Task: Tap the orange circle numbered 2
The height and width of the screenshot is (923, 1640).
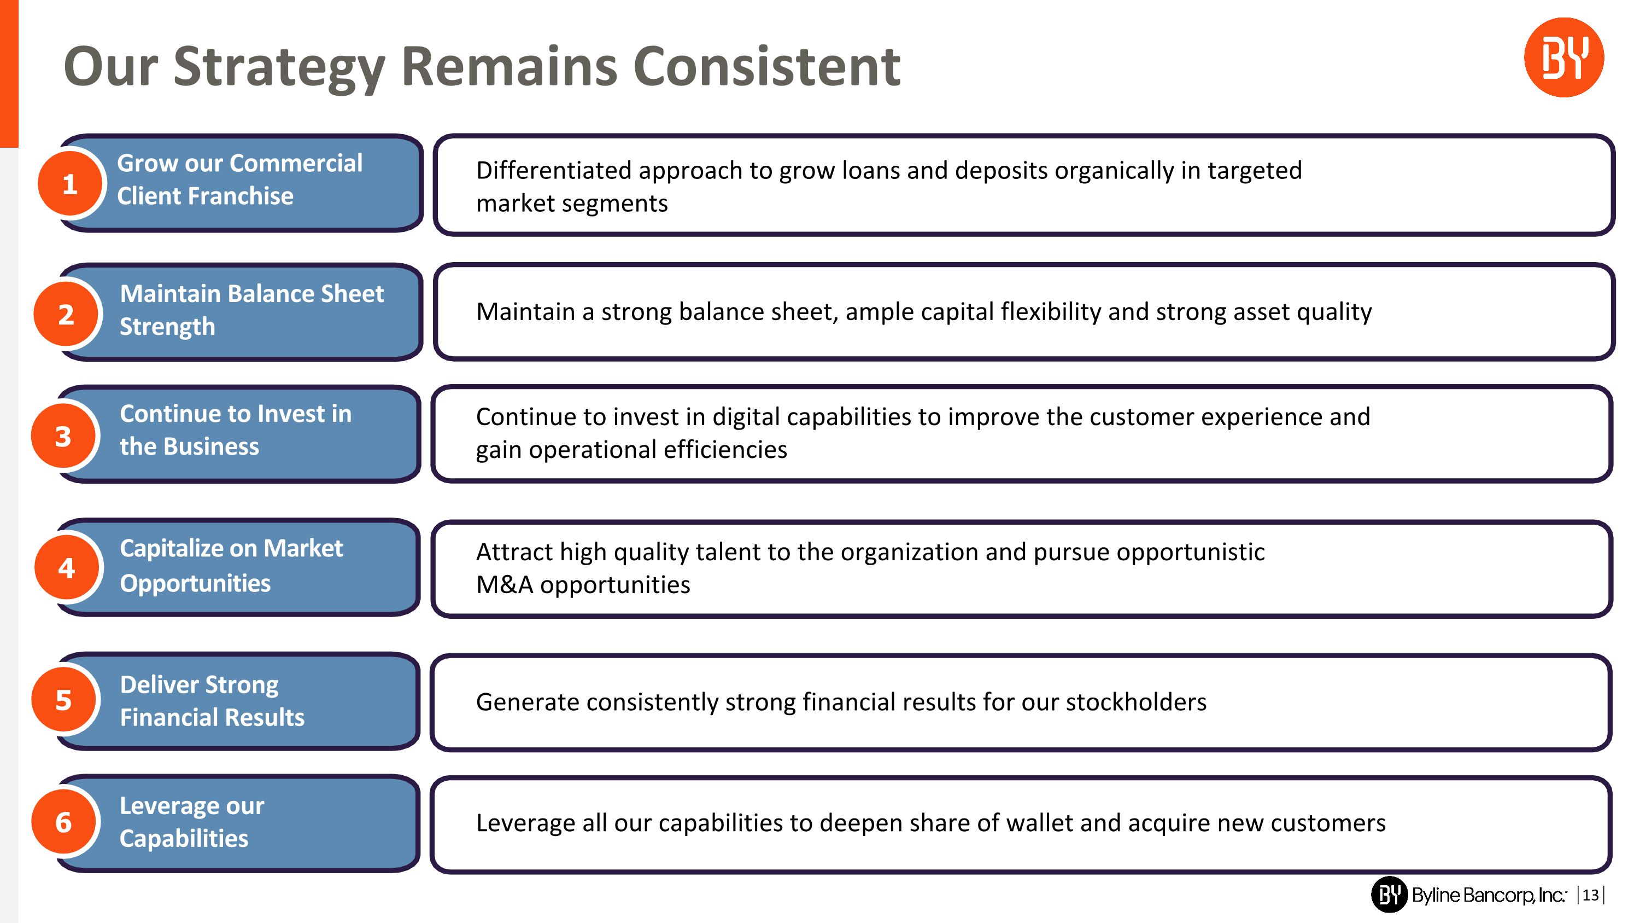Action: (66, 315)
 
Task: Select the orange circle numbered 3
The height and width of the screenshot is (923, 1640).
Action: (63, 437)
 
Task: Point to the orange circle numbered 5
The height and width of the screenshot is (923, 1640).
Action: (63, 701)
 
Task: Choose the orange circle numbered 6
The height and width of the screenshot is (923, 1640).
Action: (63, 823)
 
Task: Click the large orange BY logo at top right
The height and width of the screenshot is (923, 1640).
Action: (1563, 58)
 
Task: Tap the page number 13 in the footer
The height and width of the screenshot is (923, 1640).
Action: (1590, 895)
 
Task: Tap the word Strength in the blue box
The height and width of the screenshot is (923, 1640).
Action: (167, 327)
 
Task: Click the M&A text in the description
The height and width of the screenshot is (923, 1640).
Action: (504, 585)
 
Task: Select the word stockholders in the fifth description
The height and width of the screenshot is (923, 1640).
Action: (1136, 702)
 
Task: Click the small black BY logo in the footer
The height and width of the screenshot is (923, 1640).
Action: (1389, 895)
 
